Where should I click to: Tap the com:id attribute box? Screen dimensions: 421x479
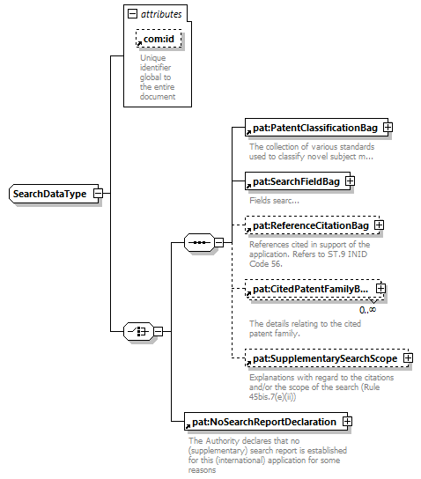click(x=159, y=39)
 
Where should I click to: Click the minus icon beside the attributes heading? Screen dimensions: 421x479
click(x=132, y=14)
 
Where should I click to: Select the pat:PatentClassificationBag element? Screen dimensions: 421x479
click(x=316, y=128)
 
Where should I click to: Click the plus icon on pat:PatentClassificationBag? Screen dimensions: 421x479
click(x=388, y=128)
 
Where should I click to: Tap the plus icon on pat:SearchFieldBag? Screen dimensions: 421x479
click(x=351, y=181)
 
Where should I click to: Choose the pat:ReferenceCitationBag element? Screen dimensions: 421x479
click(x=313, y=225)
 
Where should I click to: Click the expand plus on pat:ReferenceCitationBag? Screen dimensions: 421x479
click(x=379, y=225)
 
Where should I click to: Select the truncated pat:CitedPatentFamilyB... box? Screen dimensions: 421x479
click(x=314, y=289)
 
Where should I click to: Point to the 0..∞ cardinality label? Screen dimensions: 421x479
click(x=367, y=310)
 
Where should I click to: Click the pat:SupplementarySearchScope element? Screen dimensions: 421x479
click(x=327, y=358)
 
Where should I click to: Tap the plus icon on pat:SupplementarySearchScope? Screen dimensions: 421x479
click(x=408, y=358)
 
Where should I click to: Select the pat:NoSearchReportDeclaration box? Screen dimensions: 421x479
click(x=266, y=422)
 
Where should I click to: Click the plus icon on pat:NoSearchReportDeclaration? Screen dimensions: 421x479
click(x=347, y=422)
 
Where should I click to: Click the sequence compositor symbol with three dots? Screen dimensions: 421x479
click(x=200, y=242)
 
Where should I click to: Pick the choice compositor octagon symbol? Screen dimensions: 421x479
click(x=138, y=331)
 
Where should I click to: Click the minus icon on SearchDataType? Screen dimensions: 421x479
click(x=99, y=194)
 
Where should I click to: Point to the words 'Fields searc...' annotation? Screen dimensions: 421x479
click(x=274, y=201)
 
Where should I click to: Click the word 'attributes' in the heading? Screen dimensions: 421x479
click(x=161, y=14)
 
